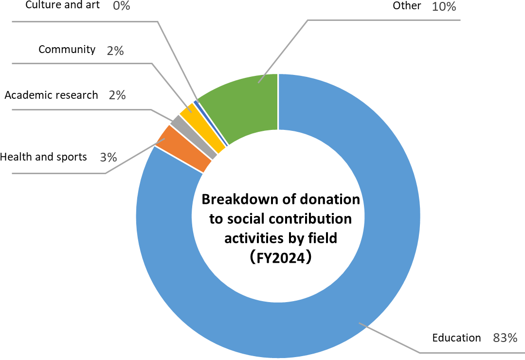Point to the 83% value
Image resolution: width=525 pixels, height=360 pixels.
click(505, 338)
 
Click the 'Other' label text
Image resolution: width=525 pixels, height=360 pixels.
click(406, 6)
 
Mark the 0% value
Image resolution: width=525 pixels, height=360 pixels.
click(121, 6)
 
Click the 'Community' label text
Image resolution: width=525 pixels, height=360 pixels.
click(67, 49)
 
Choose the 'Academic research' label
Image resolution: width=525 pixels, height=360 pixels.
click(51, 95)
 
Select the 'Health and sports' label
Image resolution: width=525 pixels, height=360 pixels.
click(43, 157)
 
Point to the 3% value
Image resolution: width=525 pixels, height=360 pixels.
click(109, 157)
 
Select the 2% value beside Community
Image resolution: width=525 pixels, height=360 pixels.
click(115, 50)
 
